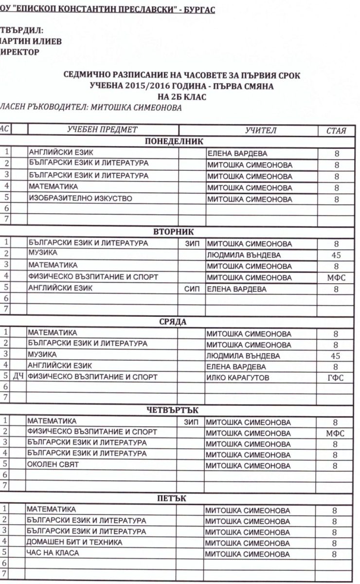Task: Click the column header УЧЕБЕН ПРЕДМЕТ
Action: tap(102, 129)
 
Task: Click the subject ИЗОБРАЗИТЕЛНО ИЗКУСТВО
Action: tap(80, 198)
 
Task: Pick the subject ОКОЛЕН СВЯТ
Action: tap(53, 465)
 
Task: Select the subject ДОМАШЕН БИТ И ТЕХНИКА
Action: tap(74, 542)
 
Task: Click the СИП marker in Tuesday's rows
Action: tap(193, 289)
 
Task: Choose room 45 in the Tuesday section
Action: tap(335, 255)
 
